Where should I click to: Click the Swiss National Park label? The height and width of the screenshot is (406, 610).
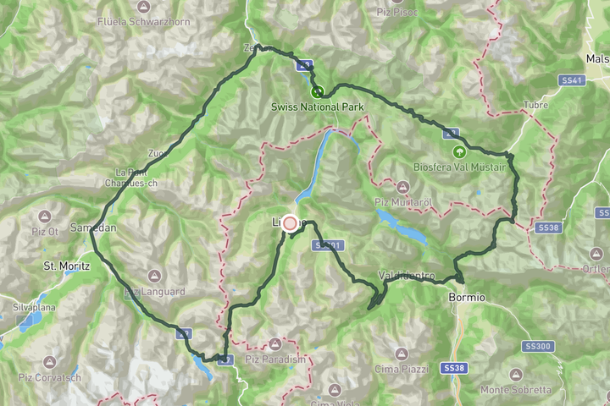[x=317, y=107]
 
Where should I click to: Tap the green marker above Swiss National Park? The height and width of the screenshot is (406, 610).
[x=317, y=91]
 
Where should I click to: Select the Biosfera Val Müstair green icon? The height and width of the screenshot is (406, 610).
[x=459, y=152]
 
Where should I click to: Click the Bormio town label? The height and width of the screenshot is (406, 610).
[x=467, y=298]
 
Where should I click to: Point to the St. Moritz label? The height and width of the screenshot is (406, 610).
[x=66, y=266]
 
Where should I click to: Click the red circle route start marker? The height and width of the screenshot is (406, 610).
[x=290, y=223]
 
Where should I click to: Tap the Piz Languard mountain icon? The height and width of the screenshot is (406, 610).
[x=153, y=276]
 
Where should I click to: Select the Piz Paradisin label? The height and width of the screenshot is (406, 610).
[x=274, y=359]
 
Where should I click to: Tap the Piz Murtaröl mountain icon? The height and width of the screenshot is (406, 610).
[x=402, y=185]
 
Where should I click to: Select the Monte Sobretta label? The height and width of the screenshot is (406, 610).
[x=515, y=390]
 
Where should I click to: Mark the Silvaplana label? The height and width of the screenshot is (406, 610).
[x=32, y=307]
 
